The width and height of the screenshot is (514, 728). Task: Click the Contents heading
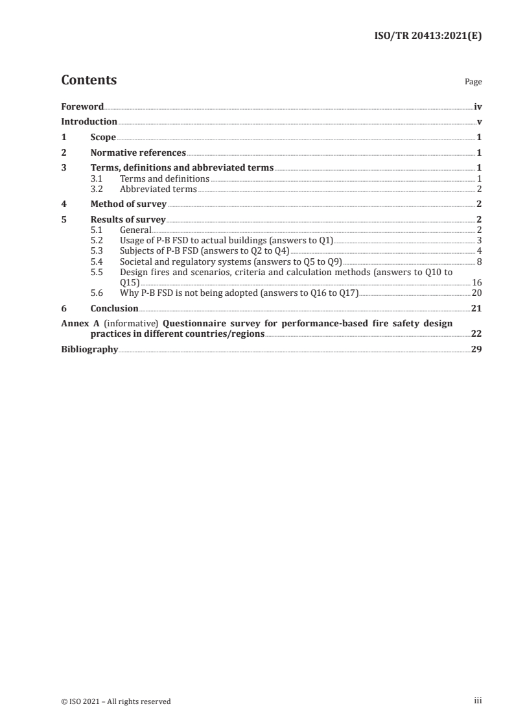(x=89, y=80)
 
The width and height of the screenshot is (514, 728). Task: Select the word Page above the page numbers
(x=473, y=82)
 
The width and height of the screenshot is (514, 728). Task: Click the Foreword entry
(x=82, y=106)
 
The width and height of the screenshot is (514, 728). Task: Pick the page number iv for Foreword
(x=478, y=106)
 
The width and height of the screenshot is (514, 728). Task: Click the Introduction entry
(x=89, y=122)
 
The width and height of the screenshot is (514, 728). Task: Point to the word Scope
(x=103, y=138)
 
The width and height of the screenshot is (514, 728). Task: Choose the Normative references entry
(x=138, y=153)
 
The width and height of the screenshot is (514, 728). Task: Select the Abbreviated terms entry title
(x=158, y=189)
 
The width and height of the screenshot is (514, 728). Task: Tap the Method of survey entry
(x=128, y=204)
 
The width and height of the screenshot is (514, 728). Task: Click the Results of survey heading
(x=128, y=220)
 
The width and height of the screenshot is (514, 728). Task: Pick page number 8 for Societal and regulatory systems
(x=479, y=261)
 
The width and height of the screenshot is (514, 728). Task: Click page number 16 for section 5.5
(x=476, y=282)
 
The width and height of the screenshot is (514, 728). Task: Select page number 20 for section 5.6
(x=476, y=293)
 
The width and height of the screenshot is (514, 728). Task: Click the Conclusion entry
(x=114, y=308)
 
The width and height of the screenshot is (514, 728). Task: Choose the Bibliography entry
(x=89, y=349)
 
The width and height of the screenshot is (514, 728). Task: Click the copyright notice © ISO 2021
(x=116, y=701)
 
